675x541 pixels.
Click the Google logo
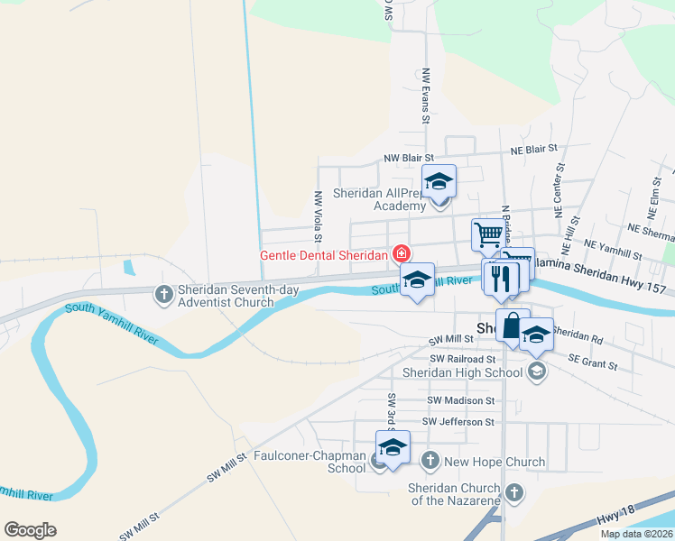[31, 530]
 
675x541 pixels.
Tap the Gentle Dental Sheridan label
[324, 255]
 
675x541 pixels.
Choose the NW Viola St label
[318, 216]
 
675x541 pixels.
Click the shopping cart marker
[487, 234]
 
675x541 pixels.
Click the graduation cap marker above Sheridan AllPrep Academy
[439, 181]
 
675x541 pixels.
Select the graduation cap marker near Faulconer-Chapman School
[393, 447]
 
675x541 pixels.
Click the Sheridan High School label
[462, 372]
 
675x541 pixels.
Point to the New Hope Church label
[495, 462]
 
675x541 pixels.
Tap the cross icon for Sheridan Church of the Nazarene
[513, 492]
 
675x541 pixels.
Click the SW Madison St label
[461, 400]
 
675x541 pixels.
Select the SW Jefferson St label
[458, 421]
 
